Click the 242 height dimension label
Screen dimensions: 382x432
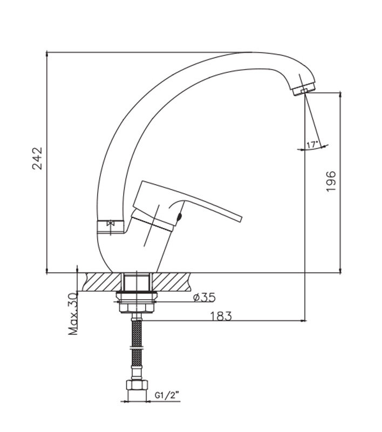38,158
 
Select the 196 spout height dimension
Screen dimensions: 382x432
331,181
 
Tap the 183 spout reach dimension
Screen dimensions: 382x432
221,316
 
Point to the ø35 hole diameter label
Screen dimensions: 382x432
204,298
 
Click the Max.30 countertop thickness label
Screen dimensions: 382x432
73,314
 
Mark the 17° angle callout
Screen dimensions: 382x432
312,144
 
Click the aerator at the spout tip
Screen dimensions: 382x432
304,89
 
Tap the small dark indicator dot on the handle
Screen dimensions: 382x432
180,217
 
